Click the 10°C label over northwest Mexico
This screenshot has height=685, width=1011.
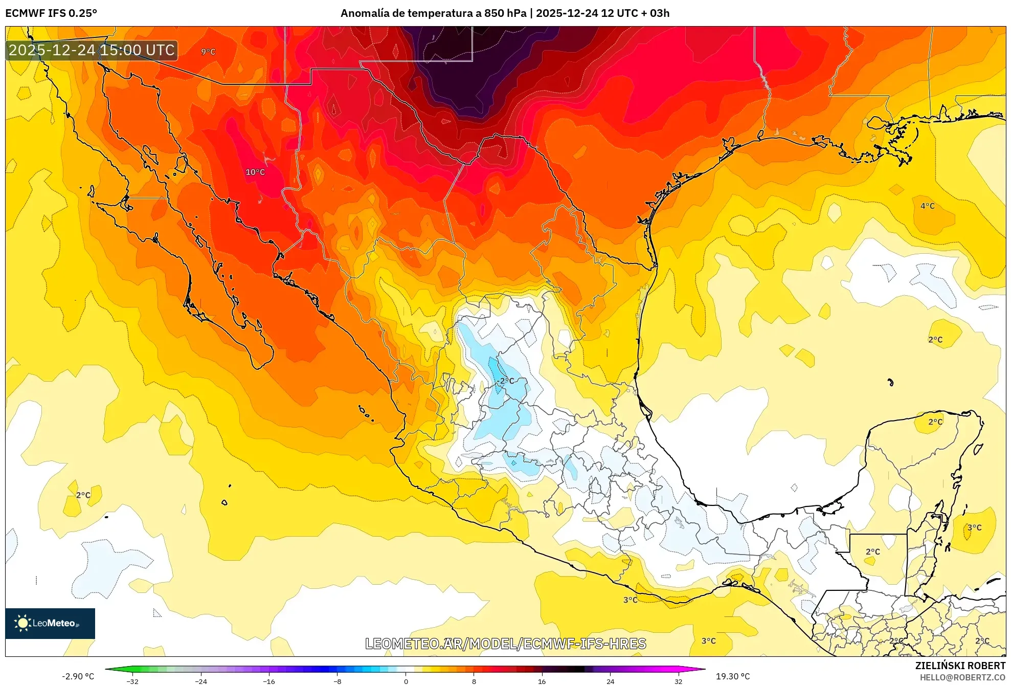point(255,172)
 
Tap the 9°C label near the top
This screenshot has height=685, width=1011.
point(208,52)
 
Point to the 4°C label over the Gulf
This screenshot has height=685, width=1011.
point(927,206)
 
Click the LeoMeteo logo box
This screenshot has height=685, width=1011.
point(50,623)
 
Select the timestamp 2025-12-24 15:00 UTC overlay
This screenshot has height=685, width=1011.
point(92,50)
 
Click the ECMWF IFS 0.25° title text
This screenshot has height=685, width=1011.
point(51,13)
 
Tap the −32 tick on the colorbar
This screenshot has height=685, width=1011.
point(132,681)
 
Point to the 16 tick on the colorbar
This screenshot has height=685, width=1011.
point(542,681)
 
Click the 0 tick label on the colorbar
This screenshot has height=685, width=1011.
point(406,681)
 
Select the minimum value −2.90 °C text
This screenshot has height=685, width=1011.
point(78,676)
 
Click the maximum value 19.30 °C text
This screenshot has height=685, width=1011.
point(733,676)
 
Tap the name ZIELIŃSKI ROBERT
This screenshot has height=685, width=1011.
point(960,666)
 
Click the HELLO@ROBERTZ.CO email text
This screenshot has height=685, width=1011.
point(962,677)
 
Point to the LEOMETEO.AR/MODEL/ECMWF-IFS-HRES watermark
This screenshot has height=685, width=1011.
point(506,644)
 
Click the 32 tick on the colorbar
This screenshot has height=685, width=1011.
point(678,681)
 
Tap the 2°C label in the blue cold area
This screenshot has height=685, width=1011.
point(507,381)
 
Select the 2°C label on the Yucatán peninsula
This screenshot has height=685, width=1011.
point(935,422)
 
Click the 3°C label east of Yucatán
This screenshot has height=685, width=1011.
point(974,527)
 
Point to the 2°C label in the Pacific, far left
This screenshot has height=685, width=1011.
point(83,495)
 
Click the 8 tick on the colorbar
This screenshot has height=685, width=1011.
point(474,681)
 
